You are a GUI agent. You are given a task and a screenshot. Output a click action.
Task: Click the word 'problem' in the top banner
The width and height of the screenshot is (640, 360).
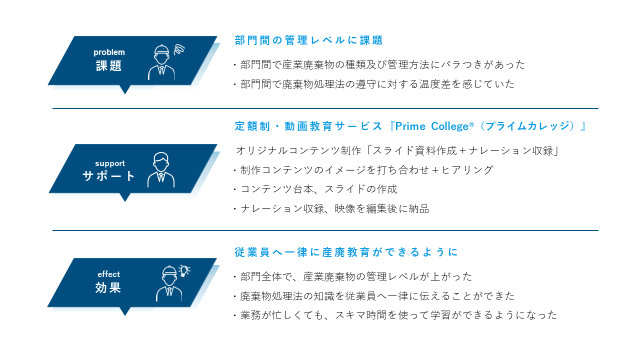(109, 52)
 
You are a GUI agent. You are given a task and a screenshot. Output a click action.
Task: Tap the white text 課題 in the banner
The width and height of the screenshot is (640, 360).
(108, 65)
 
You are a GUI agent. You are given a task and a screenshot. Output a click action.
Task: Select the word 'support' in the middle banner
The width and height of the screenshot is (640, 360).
(110, 163)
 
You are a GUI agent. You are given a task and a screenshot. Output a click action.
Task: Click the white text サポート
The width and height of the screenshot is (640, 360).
(108, 175)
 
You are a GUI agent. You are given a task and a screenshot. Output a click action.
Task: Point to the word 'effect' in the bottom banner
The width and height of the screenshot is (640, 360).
(109, 274)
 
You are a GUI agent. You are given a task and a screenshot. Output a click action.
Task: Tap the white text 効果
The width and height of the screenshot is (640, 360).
(108, 287)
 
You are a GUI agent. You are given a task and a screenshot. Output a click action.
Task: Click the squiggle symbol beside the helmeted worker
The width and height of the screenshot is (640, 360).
(179, 49)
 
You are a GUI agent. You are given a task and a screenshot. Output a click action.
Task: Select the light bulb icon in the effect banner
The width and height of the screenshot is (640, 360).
(184, 270)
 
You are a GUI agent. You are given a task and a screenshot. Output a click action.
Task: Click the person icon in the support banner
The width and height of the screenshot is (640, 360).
(161, 169)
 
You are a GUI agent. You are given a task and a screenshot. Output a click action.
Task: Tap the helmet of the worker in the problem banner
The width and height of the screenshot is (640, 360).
(161, 49)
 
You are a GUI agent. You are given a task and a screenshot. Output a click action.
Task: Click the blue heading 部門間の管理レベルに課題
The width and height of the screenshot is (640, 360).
(308, 40)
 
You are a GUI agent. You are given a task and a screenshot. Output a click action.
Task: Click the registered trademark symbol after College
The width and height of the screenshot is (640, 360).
(471, 124)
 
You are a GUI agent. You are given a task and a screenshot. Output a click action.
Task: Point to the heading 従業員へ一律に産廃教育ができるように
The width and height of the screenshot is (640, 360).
(346, 252)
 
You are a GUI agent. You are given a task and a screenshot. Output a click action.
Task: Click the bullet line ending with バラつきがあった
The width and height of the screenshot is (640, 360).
(379, 65)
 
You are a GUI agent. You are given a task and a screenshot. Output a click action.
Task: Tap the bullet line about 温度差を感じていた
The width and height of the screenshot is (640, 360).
(374, 84)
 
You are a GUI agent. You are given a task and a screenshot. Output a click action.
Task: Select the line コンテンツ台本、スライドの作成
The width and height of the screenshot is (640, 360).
(315, 189)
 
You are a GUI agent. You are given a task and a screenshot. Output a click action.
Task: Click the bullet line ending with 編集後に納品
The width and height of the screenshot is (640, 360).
(331, 209)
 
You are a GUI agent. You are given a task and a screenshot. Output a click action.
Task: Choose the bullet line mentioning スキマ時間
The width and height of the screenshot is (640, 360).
(395, 315)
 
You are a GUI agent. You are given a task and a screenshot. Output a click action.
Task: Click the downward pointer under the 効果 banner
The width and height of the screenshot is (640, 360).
(125, 311)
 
